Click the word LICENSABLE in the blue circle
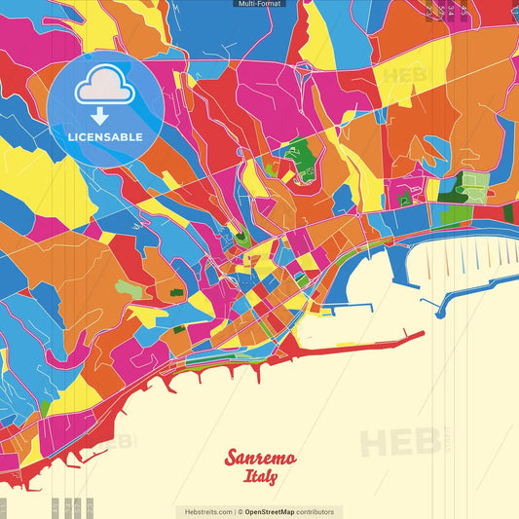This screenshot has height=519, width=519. [105, 137]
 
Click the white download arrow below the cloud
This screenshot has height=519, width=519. [100, 116]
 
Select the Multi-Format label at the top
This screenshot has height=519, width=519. [259, 4]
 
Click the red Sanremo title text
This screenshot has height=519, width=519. [260, 458]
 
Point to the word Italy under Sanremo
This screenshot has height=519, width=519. [260, 477]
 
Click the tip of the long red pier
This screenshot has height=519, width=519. [422, 335]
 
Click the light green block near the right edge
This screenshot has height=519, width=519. [474, 185]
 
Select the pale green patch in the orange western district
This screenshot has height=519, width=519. [128, 289]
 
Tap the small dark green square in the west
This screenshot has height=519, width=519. [176, 292]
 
